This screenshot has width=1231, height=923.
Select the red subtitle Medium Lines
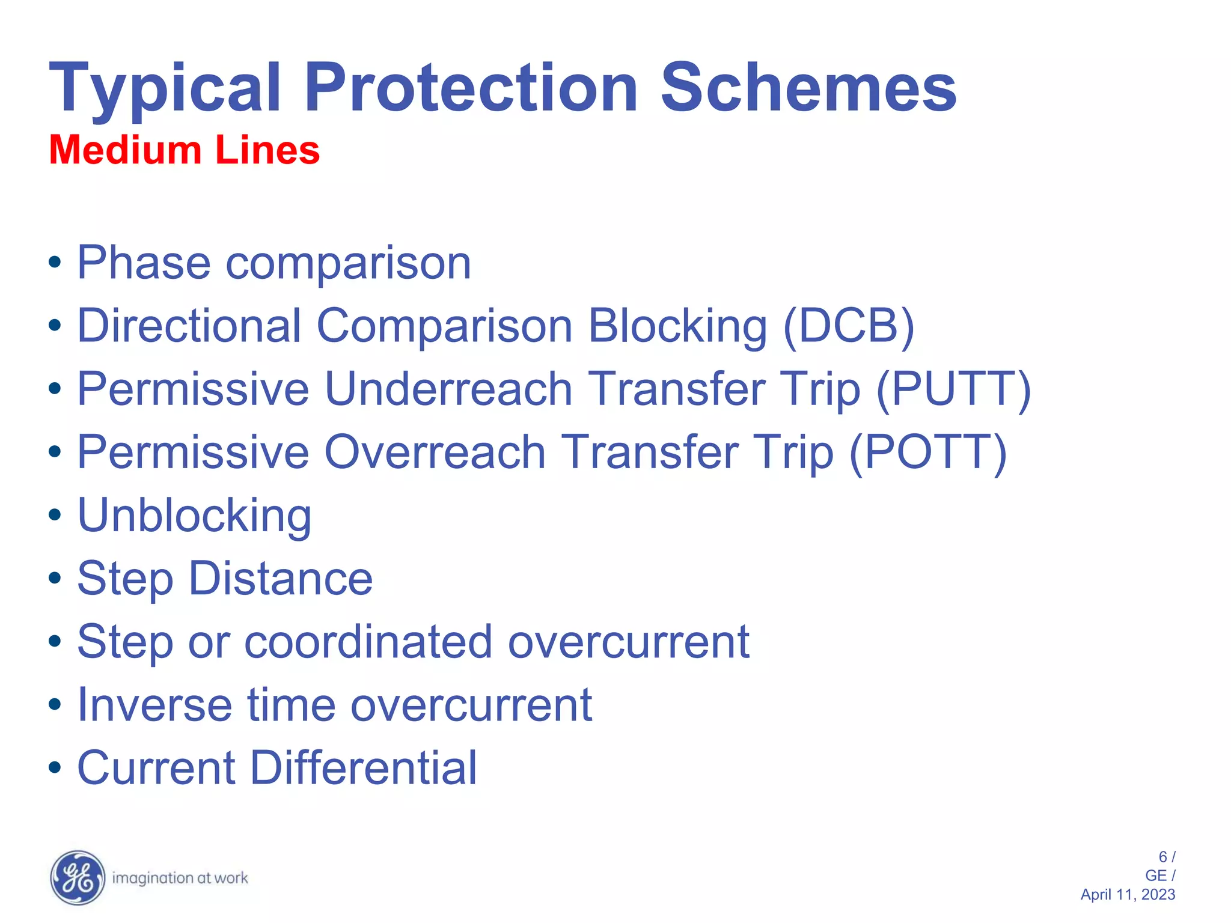[x=184, y=150]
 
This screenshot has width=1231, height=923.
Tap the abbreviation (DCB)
[x=848, y=326]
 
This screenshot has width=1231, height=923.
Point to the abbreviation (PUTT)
[x=953, y=389]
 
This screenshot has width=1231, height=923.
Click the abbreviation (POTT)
[x=927, y=452]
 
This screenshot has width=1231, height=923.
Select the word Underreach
[x=448, y=389]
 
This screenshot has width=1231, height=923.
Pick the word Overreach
[x=435, y=452]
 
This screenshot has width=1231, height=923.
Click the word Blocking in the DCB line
[x=677, y=326]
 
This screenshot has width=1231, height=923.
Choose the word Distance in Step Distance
[x=281, y=579]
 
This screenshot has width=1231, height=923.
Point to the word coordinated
[x=368, y=642]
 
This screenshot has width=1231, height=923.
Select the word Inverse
[x=154, y=705]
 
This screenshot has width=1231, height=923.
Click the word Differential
[x=363, y=768]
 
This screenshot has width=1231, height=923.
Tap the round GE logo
[x=78, y=878]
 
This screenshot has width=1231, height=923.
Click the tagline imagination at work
[x=180, y=879]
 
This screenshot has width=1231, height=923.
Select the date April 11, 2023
[x=1127, y=895]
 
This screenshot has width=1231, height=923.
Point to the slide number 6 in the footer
[x=1162, y=857]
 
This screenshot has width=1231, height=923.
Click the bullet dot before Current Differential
[x=55, y=768]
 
